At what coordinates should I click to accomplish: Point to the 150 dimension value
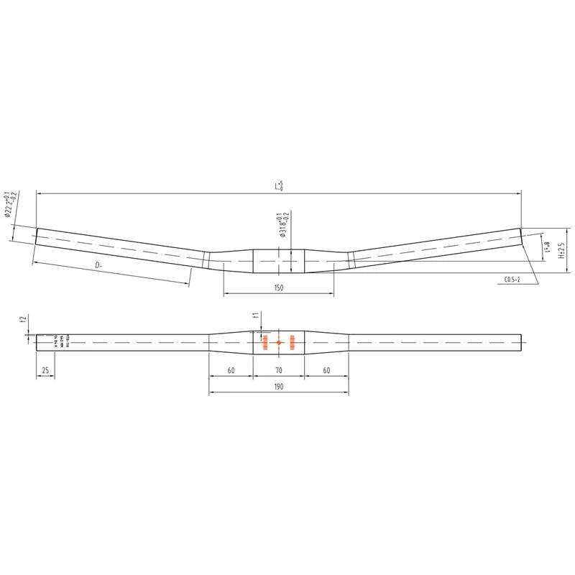pyautogui.click(x=279, y=287)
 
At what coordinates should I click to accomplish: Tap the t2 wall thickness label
pyautogui.click(x=24, y=319)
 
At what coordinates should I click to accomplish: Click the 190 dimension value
pyautogui.click(x=279, y=387)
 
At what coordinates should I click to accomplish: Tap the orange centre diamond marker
pyautogui.click(x=279, y=343)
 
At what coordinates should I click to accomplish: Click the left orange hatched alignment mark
pyautogui.click(x=265, y=343)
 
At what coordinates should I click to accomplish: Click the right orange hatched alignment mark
pyautogui.click(x=293, y=343)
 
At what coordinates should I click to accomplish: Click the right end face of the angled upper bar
pyautogui.click(x=520, y=237)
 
